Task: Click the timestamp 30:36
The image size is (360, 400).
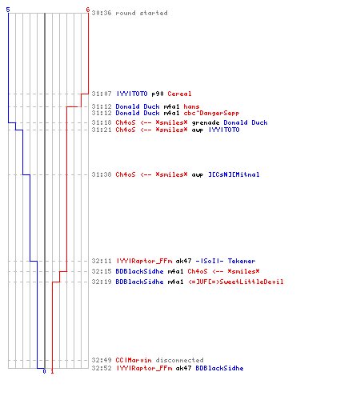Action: click(102, 13)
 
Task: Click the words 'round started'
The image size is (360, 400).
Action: click(142, 13)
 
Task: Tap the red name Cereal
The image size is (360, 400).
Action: click(179, 94)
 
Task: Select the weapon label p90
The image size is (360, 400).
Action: click(158, 94)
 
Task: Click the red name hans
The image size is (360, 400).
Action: click(191, 106)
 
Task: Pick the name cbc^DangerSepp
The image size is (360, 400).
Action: click(211, 113)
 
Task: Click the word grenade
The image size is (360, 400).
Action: click(206, 122)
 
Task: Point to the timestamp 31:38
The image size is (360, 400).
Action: click(102, 174)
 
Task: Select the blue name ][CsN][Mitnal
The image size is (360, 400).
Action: click(234, 174)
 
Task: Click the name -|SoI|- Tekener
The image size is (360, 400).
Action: click(226, 261)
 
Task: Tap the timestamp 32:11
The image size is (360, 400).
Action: click(102, 261)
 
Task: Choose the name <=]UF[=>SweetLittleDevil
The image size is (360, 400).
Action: click(236, 282)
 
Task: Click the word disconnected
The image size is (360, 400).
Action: click(179, 360)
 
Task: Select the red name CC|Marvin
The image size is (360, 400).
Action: click(134, 360)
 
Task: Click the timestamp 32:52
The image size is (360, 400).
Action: click(102, 368)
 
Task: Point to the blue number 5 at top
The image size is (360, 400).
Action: click(8, 10)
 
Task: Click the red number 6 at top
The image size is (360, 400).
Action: click(88, 10)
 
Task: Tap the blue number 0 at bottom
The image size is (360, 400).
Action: click(44, 371)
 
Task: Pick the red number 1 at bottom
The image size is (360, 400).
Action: click(52, 371)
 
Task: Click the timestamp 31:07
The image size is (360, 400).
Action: click(102, 94)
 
